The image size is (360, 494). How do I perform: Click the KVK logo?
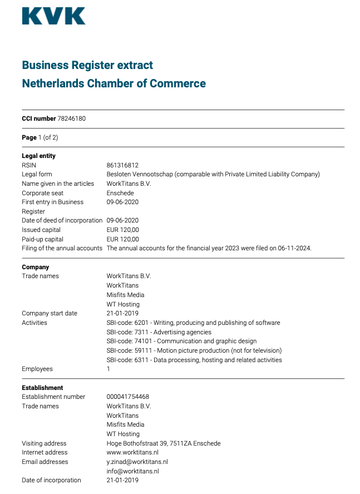[x=53, y=16]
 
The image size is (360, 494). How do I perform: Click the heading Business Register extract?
[x=87, y=65]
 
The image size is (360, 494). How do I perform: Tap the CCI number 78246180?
[x=71, y=118]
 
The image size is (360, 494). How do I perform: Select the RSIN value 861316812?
[x=122, y=165]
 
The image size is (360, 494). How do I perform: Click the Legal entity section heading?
[x=38, y=156]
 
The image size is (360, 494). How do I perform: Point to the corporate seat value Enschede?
[x=120, y=193]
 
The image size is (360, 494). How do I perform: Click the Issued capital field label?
[x=41, y=230]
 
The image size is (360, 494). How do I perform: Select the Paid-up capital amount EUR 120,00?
[x=122, y=239]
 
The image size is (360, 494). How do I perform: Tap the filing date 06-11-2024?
[x=295, y=248]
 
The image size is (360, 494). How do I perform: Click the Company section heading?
[x=36, y=267]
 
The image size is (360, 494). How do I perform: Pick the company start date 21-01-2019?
[x=122, y=313]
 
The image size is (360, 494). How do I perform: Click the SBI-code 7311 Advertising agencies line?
[x=159, y=332]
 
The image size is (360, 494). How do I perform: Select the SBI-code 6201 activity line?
[x=193, y=323]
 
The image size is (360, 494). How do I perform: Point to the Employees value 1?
[x=109, y=369]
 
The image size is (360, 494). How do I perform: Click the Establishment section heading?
[x=42, y=388]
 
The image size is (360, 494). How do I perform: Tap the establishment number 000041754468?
[x=127, y=397]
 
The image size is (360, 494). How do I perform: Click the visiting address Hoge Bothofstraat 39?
[x=164, y=443]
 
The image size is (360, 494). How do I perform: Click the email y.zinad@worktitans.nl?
[x=137, y=462]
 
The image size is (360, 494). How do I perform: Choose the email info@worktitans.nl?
[x=132, y=471]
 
